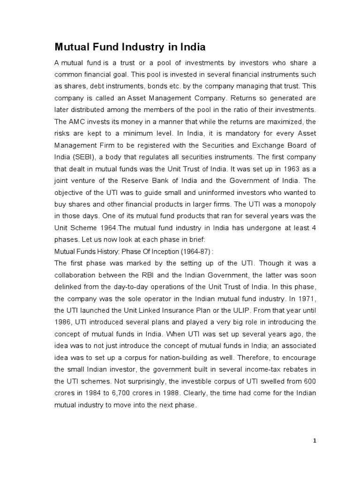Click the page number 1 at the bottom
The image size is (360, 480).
(315, 441)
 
